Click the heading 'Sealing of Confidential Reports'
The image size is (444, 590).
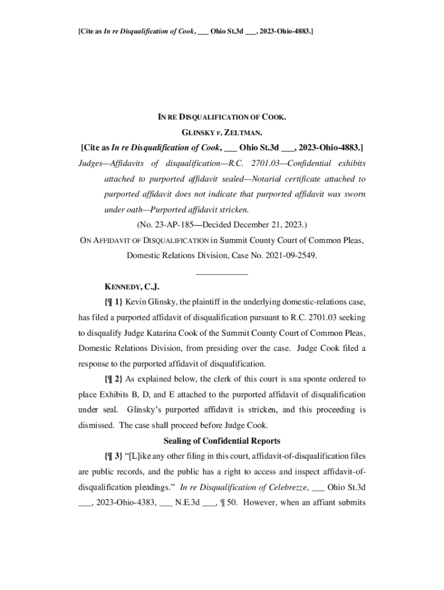point(222,441)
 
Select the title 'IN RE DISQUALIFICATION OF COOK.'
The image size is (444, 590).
point(222,118)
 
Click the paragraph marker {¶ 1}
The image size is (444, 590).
point(113,301)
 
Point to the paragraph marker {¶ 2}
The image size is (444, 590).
point(113,379)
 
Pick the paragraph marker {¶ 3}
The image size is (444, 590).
point(113,457)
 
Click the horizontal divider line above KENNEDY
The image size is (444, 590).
point(222,274)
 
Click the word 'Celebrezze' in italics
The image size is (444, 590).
point(286,487)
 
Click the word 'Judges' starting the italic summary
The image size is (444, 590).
point(93,164)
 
